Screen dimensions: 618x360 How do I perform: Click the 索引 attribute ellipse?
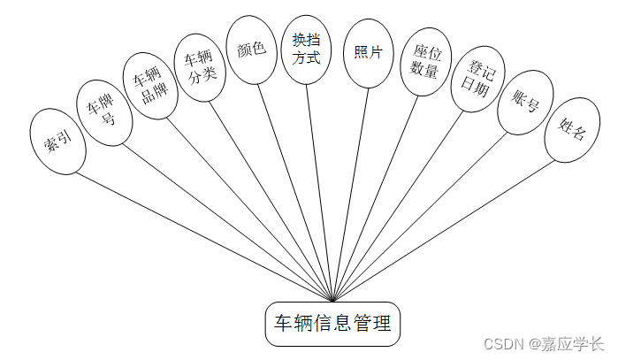[x=57, y=142]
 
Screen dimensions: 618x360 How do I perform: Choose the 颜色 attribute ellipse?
[x=251, y=50]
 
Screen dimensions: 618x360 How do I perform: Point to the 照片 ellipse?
[x=368, y=53]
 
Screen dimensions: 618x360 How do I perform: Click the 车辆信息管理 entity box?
[x=332, y=323]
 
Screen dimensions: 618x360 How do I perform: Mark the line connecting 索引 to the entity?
[x=203, y=235]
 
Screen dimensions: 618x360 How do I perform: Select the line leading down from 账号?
[x=424, y=212]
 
